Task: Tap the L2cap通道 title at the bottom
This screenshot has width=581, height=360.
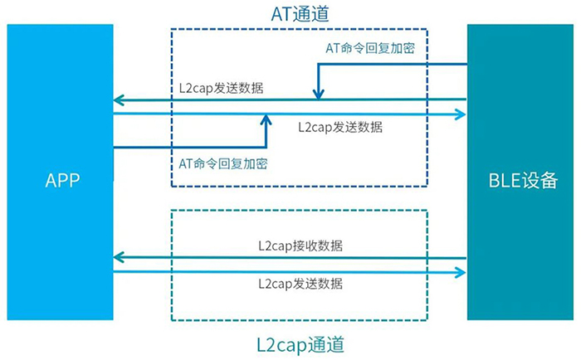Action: pyautogui.click(x=300, y=343)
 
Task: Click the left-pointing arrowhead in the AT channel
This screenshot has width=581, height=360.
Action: pyautogui.click(x=119, y=100)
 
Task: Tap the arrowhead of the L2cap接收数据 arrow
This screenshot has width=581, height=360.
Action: pyautogui.click(x=119, y=258)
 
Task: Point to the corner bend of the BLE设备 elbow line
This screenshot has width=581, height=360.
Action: pyautogui.click(x=316, y=65)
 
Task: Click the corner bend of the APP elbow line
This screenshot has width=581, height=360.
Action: pyautogui.click(x=266, y=148)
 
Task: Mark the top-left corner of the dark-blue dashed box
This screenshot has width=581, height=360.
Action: pyautogui.click(x=172, y=29)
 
